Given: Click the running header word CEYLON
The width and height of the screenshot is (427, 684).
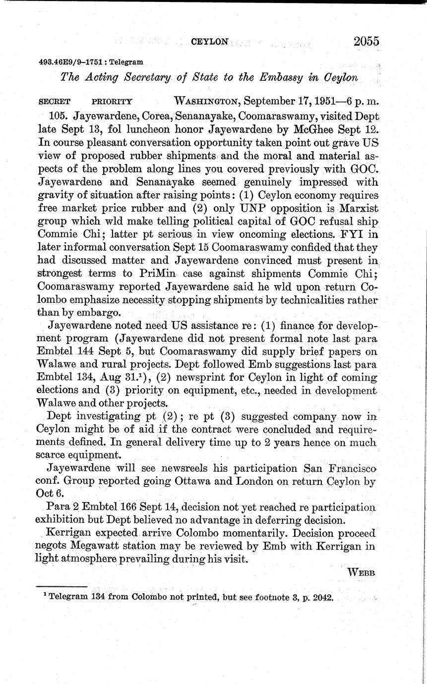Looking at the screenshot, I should pos(209,43).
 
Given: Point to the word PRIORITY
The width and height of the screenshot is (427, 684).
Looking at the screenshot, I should pos(112,102).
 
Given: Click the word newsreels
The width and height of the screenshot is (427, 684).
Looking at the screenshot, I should pos(161,468).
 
